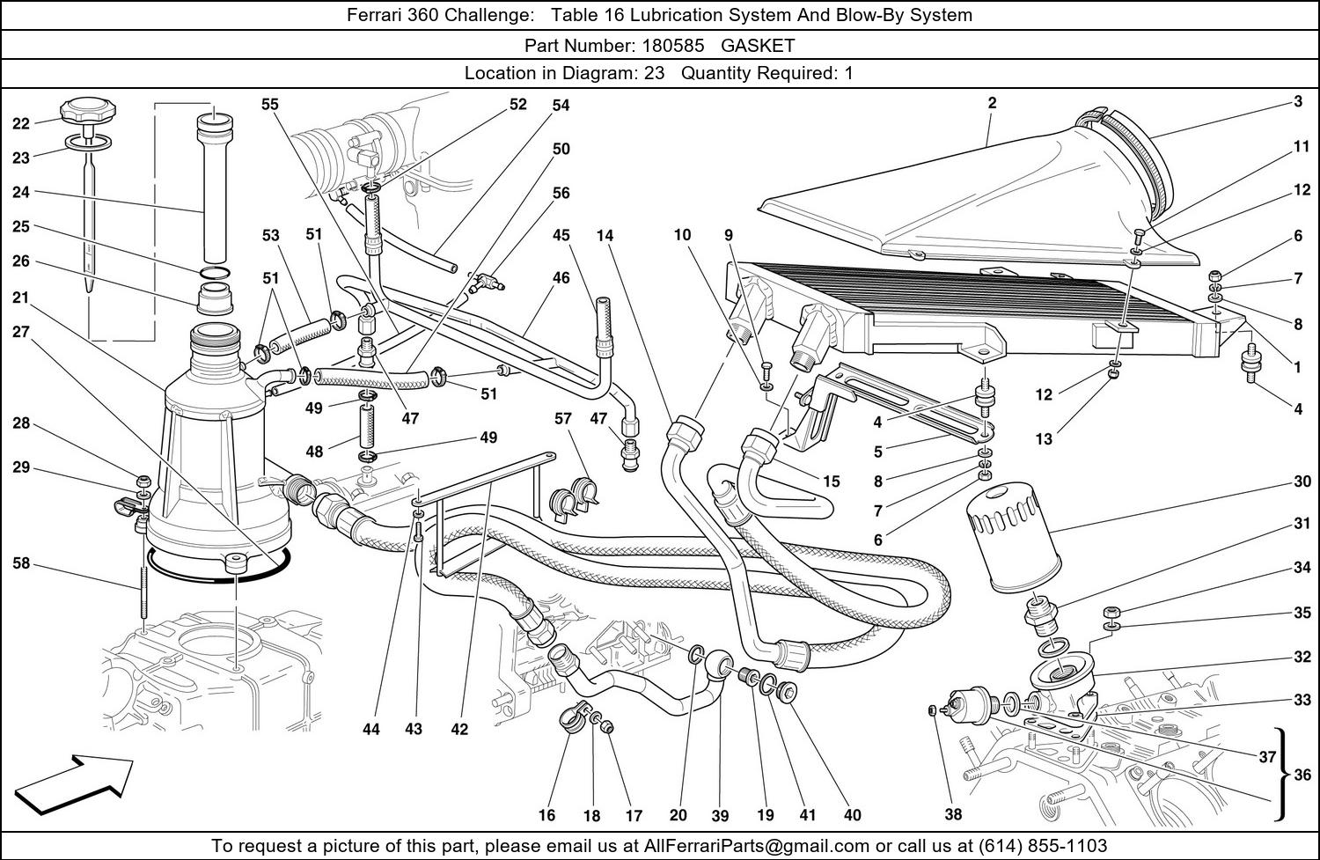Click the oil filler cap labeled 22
tap(84, 112)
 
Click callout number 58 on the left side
tap(21, 563)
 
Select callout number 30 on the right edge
tap(1302, 481)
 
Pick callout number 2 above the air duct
tap(992, 103)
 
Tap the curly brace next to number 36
tap(1283, 775)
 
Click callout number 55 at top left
tap(269, 104)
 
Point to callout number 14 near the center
tap(605, 235)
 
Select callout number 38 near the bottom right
tap(953, 814)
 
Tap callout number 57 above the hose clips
tap(563, 418)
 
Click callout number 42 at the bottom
tap(459, 729)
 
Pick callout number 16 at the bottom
tap(546, 815)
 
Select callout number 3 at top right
tap(1298, 102)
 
